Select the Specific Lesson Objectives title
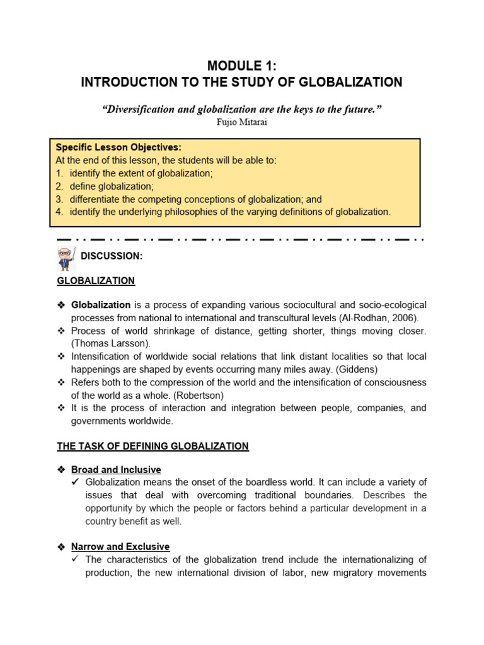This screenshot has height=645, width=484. [118, 147]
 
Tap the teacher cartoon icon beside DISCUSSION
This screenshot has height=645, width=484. [66, 258]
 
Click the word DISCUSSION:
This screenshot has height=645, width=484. [112, 256]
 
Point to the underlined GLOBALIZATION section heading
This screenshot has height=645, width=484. [96, 281]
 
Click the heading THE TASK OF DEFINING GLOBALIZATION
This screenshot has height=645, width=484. [153, 446]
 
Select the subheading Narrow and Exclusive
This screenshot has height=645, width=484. [120, 547]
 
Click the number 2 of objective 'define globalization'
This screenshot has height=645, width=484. [59, 186]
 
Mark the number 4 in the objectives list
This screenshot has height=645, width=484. [59, 212]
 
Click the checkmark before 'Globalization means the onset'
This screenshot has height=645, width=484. [76, 483]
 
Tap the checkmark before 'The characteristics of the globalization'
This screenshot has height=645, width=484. [76, 560]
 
